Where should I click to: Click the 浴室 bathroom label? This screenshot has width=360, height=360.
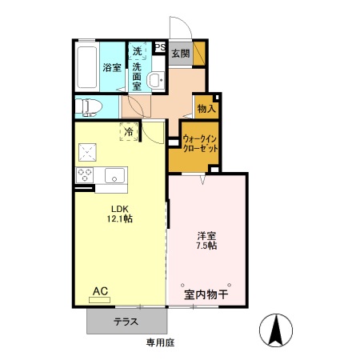point(111,68)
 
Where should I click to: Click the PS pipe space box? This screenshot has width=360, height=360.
point(159,49)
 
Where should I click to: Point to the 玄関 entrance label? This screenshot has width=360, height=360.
point(180,54)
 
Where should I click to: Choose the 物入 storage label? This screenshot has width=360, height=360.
point(206,108)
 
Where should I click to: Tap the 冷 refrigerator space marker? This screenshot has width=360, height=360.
point(129,132)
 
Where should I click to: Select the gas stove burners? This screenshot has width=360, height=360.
point(84,174)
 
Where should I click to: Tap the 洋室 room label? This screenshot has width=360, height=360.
point(206,237)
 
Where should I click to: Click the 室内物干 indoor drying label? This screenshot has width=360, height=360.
point(206,295)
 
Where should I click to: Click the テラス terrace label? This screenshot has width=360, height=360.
point(126,322)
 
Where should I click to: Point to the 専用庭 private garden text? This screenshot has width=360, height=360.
point(160,342)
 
